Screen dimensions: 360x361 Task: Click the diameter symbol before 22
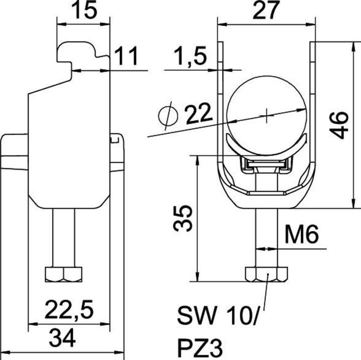[167, 116]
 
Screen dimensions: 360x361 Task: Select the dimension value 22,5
[71, 309]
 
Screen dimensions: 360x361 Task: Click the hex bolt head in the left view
[63, 274]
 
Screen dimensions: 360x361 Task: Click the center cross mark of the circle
[267, 115]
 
